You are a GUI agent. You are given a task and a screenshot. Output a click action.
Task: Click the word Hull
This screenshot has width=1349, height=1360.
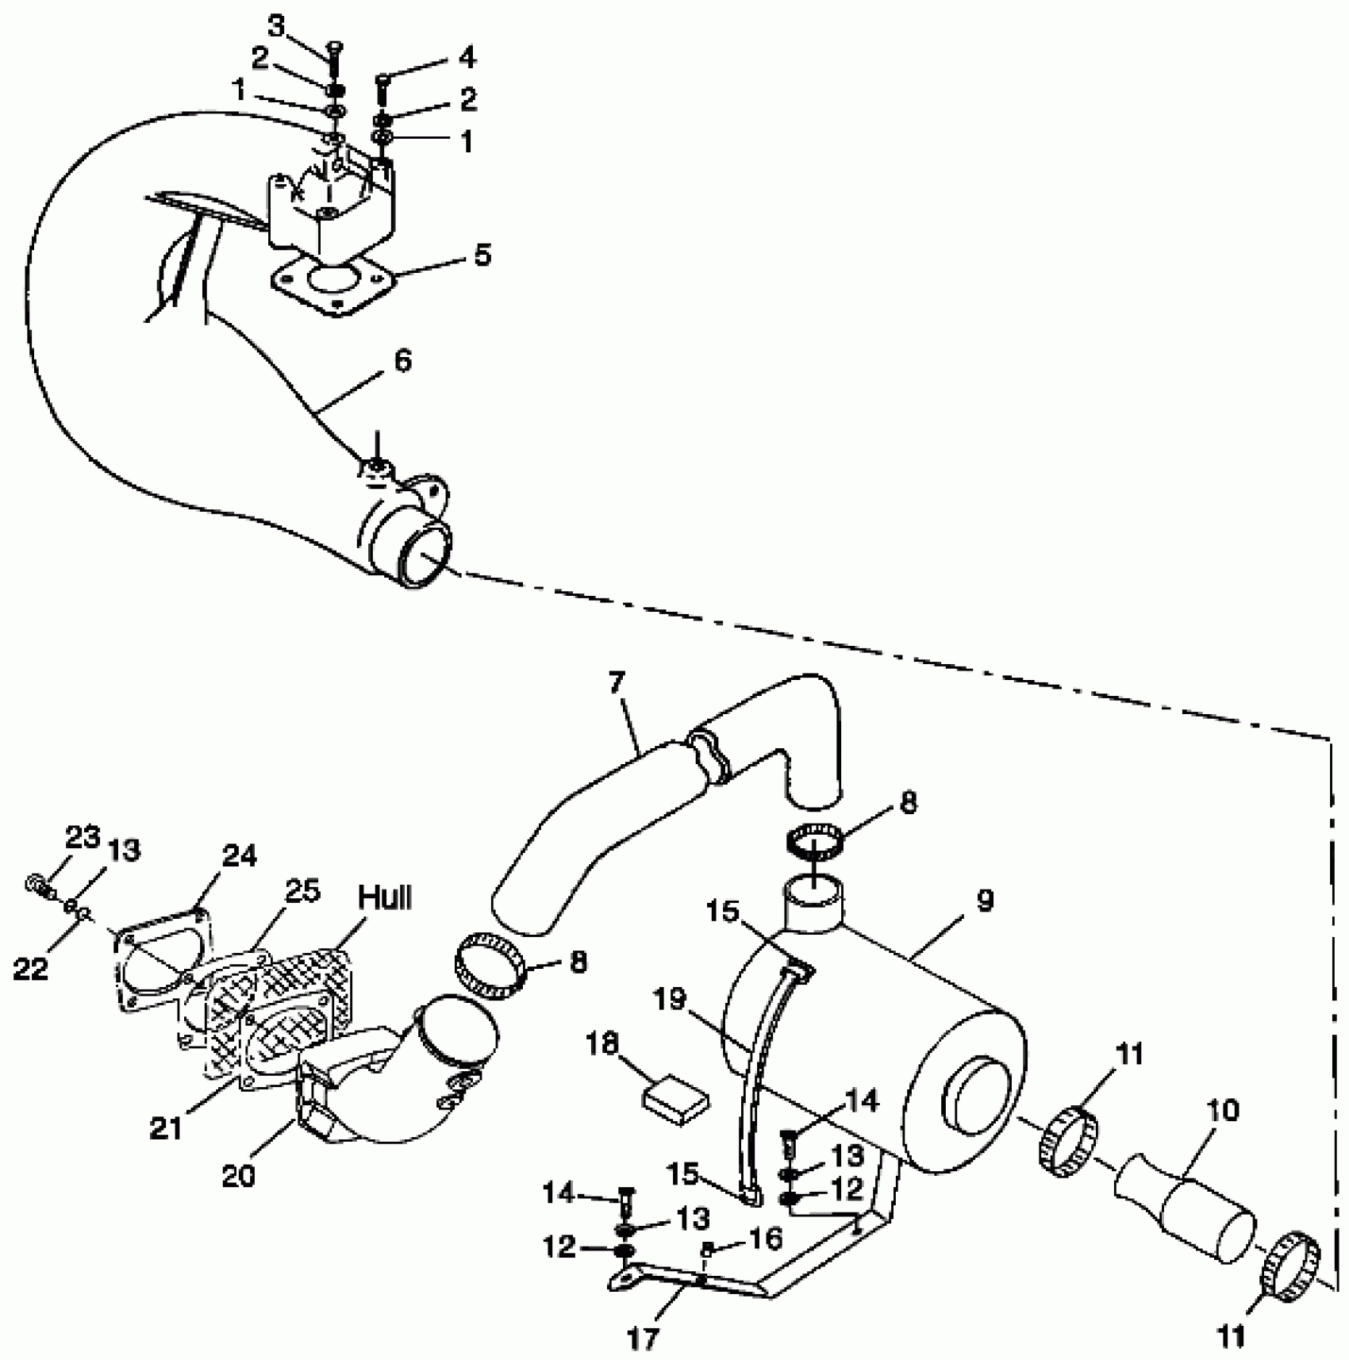click(x=386, y=897)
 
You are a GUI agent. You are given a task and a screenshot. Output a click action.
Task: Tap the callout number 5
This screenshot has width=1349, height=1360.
click(x=482, y=255)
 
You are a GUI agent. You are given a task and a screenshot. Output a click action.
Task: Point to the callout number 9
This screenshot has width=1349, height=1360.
click(x=984, y=901)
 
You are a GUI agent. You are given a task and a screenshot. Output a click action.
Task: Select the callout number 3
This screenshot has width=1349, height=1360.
click(x=275, y=25)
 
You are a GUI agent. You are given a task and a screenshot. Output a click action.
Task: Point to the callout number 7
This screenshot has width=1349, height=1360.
click(x=617, y=682)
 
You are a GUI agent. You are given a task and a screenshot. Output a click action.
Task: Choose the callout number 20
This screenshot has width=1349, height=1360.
click(x=238, y=1176)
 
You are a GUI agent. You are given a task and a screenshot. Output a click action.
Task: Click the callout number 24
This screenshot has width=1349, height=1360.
click(x=240, y=856)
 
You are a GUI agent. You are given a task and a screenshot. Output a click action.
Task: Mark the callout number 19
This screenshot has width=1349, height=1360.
click(x=671, y=1001)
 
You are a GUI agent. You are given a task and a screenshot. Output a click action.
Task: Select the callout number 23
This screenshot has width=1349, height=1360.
click(x=83, y=836)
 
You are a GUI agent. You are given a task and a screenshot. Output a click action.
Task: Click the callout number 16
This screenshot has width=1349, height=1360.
click(x=766, y=1238)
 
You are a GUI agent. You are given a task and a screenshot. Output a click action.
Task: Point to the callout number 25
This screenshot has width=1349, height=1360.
click(x=302, y=891)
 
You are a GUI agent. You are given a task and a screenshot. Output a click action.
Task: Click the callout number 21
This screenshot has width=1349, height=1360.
click(x=166, y=1128)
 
